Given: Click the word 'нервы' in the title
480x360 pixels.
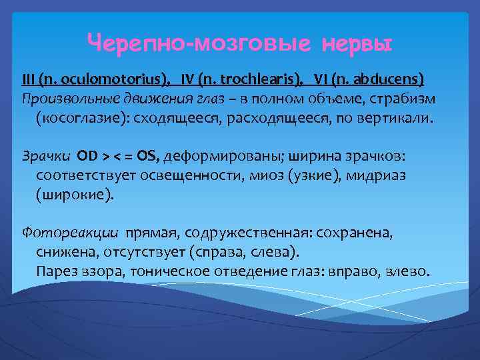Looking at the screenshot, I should tap(357, 45).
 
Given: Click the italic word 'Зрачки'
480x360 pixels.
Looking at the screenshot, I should tap(45, 157).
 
